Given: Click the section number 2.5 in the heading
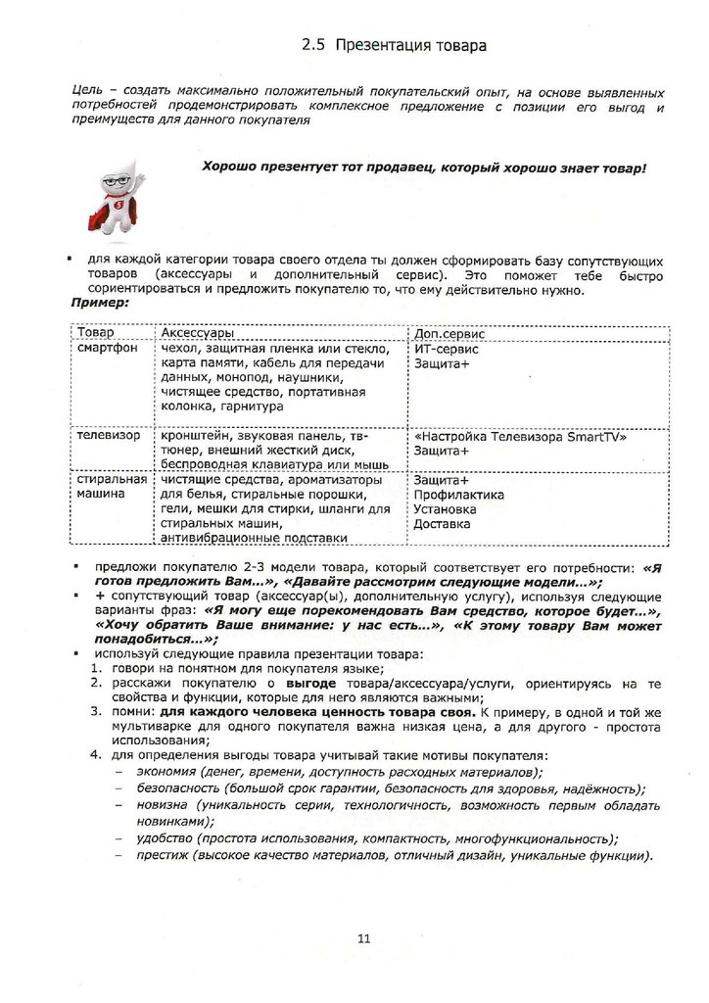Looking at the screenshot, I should tap(312, 45).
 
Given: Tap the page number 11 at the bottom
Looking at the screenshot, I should tap(363, 940).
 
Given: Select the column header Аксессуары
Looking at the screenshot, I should tap(196, 334).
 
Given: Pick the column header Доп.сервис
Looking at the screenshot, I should tap(446, 334).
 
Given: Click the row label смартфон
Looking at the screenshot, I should tap(108, 349).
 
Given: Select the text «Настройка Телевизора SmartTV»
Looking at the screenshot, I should tap(520, 437).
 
